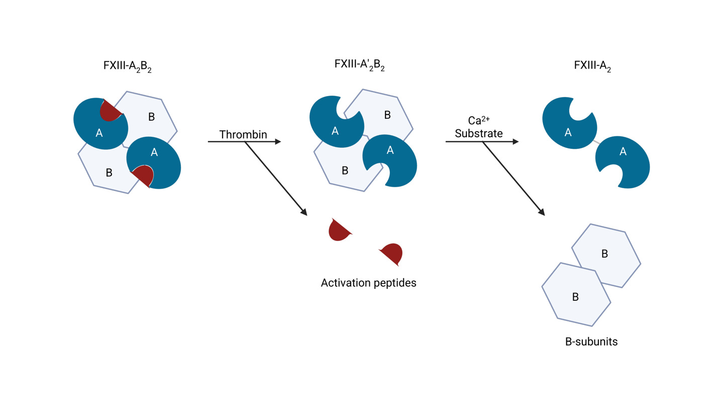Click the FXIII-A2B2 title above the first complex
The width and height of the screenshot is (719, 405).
click(127, 66)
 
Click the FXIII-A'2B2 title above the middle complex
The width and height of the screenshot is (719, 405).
click(359, 65)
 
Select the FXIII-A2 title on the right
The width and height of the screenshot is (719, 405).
click(592, 66)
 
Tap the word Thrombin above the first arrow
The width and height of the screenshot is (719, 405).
click(243, 135)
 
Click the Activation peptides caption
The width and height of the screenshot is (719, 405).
click(368, 283)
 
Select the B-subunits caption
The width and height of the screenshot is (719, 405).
click(591, 342)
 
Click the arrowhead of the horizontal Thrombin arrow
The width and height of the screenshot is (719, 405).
click(278, 142)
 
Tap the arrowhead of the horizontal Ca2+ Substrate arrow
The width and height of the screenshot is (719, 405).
click(515, 142)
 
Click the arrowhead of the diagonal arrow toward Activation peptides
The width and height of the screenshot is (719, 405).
click(303, 212)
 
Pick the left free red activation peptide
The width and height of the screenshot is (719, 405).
click(339, 230)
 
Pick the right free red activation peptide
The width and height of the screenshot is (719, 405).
click(392, 253)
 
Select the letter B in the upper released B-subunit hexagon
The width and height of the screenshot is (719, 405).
click(604, 254)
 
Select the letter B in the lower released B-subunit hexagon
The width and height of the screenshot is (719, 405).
click(575, 297)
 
